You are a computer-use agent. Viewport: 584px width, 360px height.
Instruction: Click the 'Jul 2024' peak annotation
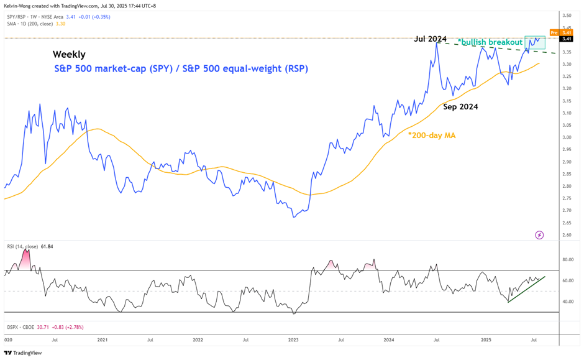coord(431,39)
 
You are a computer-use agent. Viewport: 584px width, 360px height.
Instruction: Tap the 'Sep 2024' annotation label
coord(460,107)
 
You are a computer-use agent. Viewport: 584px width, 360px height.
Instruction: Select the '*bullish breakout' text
coord(490,42)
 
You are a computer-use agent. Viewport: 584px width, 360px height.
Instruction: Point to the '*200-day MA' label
coord(432,134)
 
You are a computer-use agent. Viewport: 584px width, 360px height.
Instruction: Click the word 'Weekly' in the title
coord(69,55)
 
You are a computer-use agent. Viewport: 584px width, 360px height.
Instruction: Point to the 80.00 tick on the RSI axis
coord(567,260)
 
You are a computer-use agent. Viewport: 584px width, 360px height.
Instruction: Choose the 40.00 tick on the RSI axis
coord(567,302)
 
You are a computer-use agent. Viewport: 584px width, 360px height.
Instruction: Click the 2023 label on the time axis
coord(293,341)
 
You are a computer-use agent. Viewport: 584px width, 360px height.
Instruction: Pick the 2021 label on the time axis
coord(103,341)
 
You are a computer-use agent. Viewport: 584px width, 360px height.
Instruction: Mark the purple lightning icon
coord(539,235)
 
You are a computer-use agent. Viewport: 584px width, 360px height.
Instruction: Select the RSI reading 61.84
coord(47,247)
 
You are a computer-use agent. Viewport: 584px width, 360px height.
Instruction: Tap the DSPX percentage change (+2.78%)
coord(71,327)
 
